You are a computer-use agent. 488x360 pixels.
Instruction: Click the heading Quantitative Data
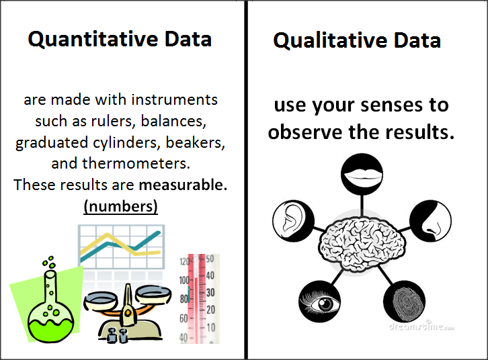click(120, 39)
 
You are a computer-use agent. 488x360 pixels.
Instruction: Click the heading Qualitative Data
click(357, 40)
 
